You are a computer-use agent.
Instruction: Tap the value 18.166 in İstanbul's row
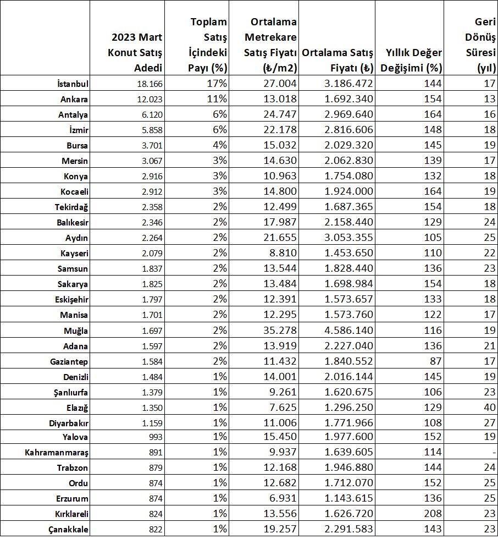150,84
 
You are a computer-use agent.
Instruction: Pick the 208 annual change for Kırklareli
433,513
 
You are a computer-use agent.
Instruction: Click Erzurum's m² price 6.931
281,498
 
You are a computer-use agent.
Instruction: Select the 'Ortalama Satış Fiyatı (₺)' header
337,61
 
